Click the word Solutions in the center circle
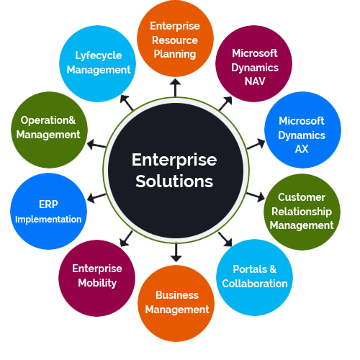tap(174, 181)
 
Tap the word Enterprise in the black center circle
tap(174, 161)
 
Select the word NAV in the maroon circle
tap(255, 81)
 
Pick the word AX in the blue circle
tap(302, 149)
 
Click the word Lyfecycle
tap(99, 56)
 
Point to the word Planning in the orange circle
tap(175, 55)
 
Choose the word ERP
tap(48, 204)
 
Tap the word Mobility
tap(97, 283)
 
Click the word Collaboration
tap(255, 284)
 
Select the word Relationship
tap(302, 212)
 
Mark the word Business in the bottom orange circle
tap(177, 295)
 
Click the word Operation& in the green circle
tap(48, 120)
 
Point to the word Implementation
tap(48, 220)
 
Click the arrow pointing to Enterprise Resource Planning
tap(176, 88)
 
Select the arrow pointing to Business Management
tap(176, 253)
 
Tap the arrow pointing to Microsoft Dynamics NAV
tap(225, 103)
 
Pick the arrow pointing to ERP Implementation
tap(96, 198)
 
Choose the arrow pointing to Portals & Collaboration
tap(225, 239)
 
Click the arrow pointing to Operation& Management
tap(96, 145)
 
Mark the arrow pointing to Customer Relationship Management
tap(256, 197)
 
